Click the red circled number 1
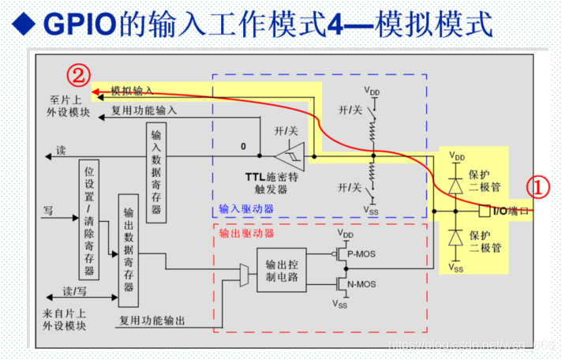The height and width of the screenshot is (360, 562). (538, 187)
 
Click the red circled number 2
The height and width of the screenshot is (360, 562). (77, 76)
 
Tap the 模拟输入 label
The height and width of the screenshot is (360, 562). (132, 91)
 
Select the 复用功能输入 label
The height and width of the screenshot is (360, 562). (144, 111)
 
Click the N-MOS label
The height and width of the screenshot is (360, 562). (362, 284)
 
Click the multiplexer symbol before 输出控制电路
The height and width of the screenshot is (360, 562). (243, 276)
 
